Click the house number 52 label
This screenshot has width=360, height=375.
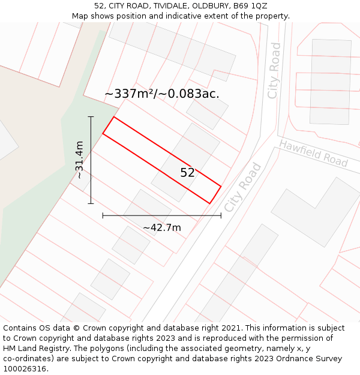188,173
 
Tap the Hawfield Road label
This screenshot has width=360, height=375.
313,153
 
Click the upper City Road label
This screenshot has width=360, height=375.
274,70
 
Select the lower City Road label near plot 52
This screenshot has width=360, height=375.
243,187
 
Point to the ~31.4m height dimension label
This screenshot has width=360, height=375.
79,160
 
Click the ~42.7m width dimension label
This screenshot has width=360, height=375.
161,228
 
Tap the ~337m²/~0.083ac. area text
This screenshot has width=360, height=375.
161,94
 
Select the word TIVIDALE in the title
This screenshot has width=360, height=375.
159,5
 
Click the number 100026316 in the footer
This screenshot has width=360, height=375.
26,369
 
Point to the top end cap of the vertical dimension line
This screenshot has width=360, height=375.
91,116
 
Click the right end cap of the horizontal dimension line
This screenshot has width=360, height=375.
221,215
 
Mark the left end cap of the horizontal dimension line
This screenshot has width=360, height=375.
103,215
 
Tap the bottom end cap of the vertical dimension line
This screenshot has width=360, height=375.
91,203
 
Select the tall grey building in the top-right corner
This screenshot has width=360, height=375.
330,81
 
